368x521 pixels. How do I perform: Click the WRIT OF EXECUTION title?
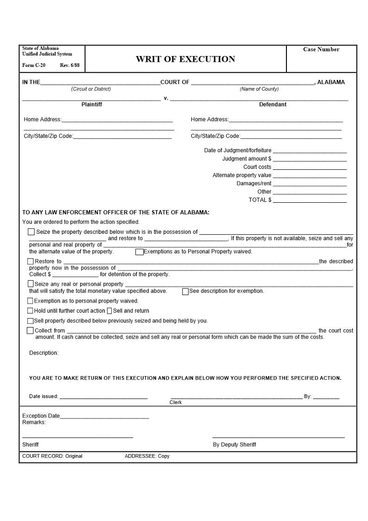[x=185, y=59]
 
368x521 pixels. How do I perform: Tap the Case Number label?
[x=321, y=50]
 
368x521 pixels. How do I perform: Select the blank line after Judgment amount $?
[x=310, y=159]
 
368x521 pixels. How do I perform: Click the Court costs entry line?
[x=310, y=167]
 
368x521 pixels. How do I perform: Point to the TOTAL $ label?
[x=260, y=200]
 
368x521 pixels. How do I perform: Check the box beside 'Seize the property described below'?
[x=31, y=232]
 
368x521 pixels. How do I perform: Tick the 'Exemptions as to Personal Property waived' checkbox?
[x=139, y=252]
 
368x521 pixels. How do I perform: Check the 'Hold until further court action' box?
[x=31, y=311]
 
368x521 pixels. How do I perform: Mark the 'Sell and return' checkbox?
[x=109, y=311]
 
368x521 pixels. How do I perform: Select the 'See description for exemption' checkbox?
[x=185, y=291]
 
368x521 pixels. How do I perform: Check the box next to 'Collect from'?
[x=31, y=330]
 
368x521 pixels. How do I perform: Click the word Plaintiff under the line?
[x=92, y=105]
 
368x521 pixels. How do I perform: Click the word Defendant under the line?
[x=273, y=105]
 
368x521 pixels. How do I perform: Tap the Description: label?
[x=44, y=353]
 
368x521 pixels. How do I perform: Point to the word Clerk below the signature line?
[x=176, y=403]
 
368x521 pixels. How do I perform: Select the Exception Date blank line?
[x=104, y=417]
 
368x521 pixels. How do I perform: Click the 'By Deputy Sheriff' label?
[x=234, y=445]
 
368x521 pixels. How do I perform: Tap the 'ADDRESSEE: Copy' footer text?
[x=147, y=457]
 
